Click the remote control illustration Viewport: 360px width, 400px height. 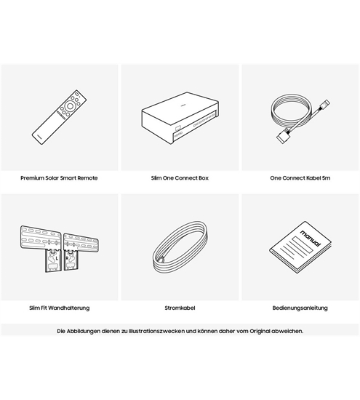59,117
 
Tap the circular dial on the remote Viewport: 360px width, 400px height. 70,106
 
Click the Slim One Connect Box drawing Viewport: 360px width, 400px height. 180,118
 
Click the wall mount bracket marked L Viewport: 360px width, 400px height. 54,260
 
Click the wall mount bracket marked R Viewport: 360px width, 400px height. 71,260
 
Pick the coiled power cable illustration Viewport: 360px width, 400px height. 180,247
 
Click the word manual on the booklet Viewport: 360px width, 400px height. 311,238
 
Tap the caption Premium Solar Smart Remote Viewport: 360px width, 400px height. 59,178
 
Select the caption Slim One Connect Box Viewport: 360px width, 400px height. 180,178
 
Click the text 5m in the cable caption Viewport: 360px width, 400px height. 326,178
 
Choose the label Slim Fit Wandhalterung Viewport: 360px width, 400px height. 60,308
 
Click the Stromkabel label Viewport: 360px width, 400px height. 180,308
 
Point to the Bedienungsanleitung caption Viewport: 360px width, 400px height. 300,308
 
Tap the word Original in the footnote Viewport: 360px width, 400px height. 260,332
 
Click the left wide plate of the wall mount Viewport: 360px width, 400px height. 41,237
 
